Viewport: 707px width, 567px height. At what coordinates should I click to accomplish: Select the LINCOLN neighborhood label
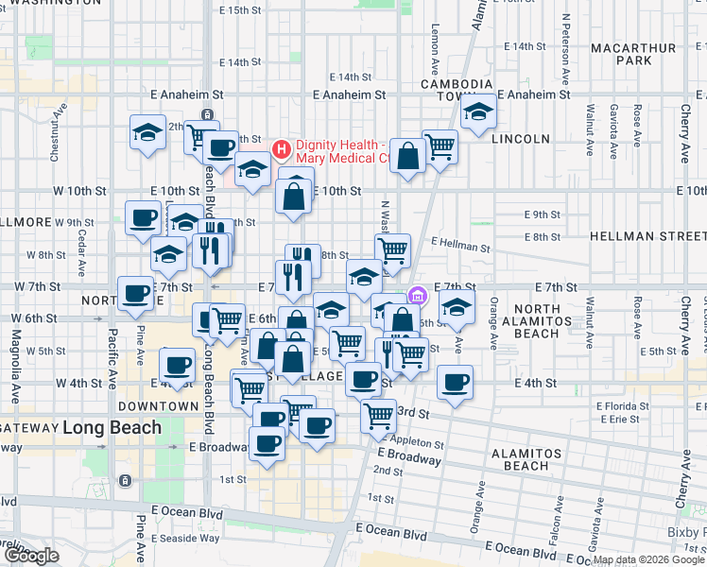(x=521, y=138)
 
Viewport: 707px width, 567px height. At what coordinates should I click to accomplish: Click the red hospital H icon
(x=281, y=149)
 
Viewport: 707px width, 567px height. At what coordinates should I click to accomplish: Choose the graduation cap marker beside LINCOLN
(x=479, y=116)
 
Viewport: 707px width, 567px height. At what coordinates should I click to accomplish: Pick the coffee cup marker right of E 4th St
(x=455, y=382)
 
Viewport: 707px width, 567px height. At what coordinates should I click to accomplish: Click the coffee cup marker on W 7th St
(x=135, y=293)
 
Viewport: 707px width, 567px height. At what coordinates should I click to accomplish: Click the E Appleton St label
(x=413, y=441)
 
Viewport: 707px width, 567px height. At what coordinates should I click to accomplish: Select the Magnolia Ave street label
(x=16, y=352)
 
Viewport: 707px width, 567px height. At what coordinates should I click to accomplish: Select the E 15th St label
(x=239, y=10)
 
